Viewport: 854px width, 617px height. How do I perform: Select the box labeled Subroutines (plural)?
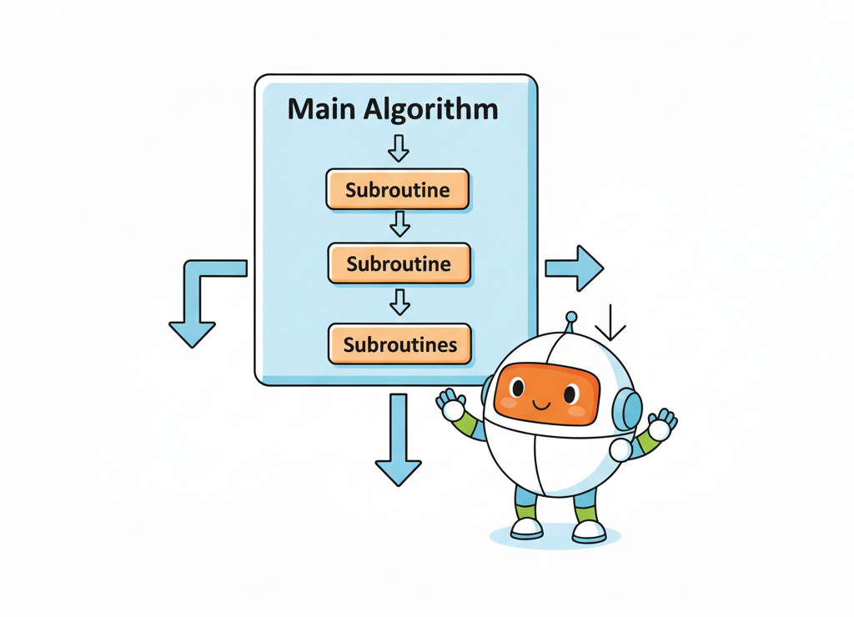[399, 344]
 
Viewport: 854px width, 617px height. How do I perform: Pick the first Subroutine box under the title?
[397, 190]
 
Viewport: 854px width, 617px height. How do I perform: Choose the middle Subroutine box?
[399, 264]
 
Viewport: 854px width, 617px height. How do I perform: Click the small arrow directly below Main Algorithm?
[399, 148]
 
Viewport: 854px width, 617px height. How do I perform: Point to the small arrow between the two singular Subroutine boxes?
[399, 223]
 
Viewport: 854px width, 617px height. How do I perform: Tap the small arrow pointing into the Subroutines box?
[400, 301]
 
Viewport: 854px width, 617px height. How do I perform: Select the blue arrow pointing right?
[575, 268]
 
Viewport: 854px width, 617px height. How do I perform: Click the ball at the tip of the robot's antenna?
[571, 317]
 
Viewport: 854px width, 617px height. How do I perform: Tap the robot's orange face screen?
[546, 393]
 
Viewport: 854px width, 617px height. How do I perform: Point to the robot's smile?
[541, 406]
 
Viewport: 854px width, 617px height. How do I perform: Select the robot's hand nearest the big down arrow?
[452, 406]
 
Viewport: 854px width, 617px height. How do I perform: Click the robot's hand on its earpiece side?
[661, 426]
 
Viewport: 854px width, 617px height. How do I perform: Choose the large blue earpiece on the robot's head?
[627, 409]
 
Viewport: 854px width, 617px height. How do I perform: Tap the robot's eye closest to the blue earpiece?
[571, 392]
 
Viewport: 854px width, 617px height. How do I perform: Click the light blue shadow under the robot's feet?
[555, 537]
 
